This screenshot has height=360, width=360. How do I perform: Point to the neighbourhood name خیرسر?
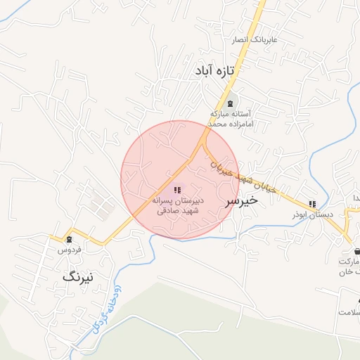point(242,201)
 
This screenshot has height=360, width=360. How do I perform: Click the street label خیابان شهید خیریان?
point(239,172)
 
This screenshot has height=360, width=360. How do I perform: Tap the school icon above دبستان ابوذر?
point(312,204)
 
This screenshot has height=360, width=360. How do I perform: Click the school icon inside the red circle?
point(176,190)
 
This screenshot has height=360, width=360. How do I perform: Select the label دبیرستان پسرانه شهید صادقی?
point(176,205)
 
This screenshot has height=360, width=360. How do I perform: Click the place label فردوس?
point(70,250)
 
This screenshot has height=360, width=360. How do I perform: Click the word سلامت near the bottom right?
point(349,311)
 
